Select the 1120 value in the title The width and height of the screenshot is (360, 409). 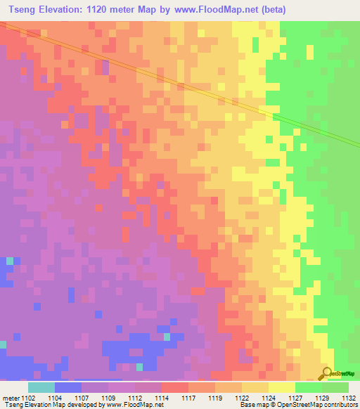pos(117,10)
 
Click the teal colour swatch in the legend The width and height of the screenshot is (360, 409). pos(41,387)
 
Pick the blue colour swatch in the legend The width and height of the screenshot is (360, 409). pos(68,387)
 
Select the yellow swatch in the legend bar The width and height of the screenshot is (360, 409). pos(282,387)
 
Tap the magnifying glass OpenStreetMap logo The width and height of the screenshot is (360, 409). pos(327,372)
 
